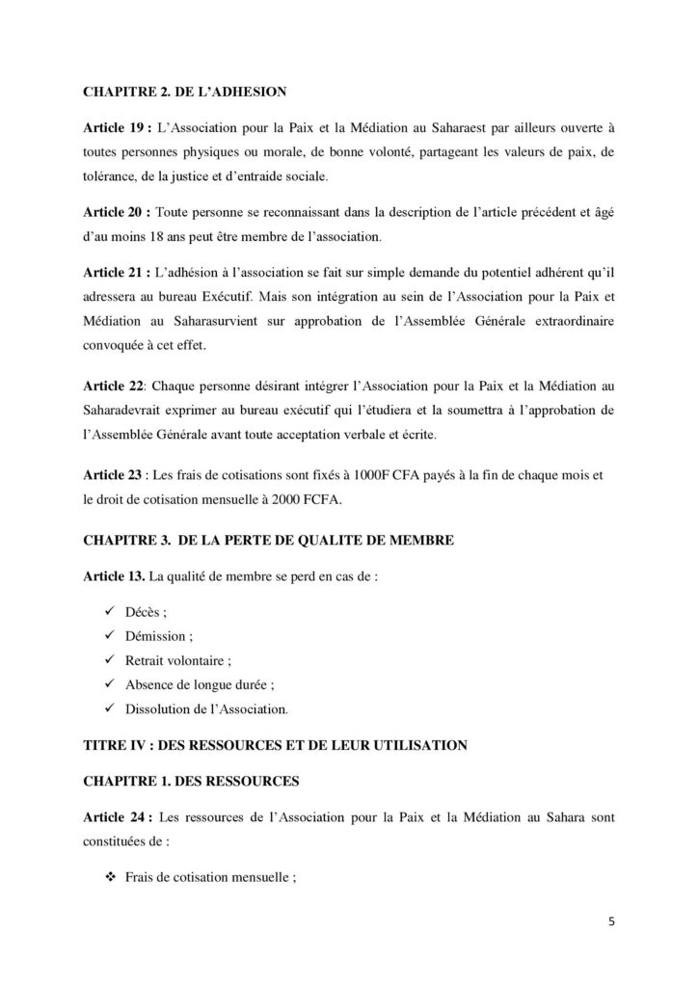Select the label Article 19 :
113,127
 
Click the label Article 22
111,387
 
